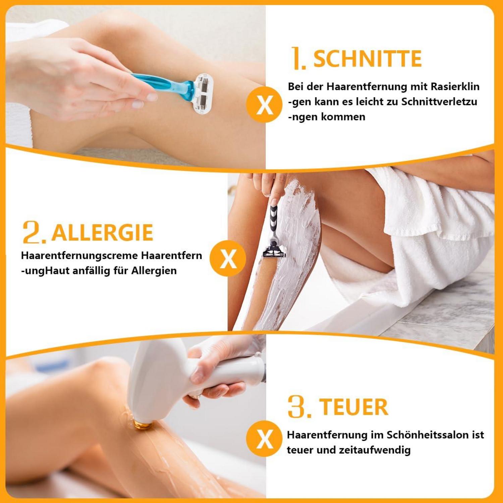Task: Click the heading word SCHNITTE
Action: [367, 59]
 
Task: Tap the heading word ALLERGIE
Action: [102, 232]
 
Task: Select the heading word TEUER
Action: [353, 407]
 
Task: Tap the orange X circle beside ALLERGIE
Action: [228, 259]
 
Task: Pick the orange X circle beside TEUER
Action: [264, 439]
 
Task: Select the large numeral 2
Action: [33, 232]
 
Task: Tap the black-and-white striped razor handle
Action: [273, 223]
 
